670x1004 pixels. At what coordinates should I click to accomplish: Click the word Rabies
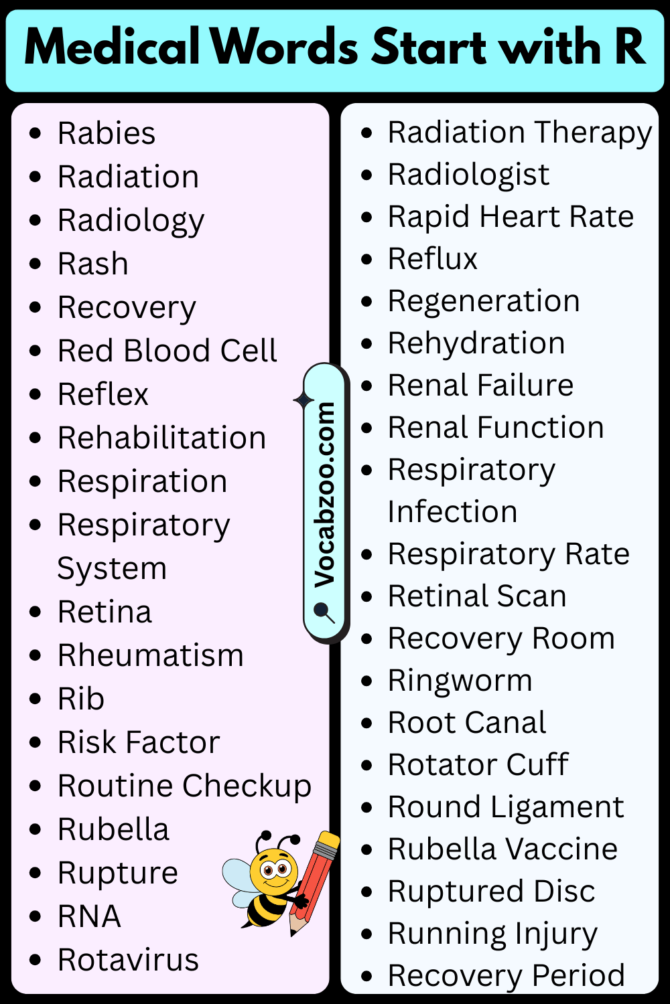(107, 133)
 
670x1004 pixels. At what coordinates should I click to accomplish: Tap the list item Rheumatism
(151, 655)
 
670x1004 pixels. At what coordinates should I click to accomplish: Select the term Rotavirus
(129, 960)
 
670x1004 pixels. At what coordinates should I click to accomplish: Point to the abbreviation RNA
(89, 916)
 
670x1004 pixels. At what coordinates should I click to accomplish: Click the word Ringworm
(460, 681)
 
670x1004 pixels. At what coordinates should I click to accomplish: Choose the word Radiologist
(468, 175)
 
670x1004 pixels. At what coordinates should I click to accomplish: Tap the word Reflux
(433, 258)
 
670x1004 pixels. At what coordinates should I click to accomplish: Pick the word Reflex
(103, 394)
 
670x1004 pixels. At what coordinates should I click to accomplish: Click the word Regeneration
(484, 301)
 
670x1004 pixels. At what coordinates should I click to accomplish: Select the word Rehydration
(476, 343)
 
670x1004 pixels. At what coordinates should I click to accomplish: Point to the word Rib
(81, 699)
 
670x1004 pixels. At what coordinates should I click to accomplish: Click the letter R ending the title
(630, 47)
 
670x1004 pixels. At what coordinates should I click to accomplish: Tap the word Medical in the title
(112, 47)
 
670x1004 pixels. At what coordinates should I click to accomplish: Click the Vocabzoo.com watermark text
(324, 495)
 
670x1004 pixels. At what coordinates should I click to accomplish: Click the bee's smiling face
(274, 872)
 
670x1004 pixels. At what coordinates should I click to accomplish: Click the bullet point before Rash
(35, 264)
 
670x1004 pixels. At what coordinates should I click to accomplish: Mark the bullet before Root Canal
(367, 724)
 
